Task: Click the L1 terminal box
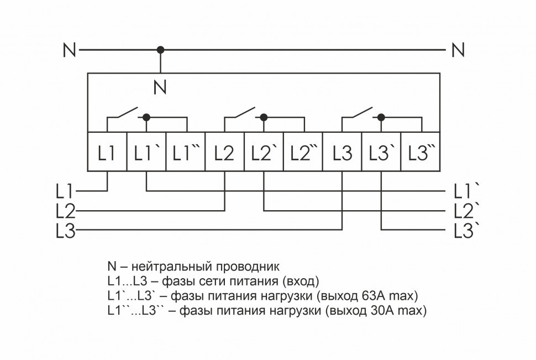[x=108, y=151]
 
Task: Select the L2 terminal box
[x=225, y=151]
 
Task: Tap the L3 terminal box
[x=342, y=151]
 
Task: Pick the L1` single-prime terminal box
[x=146, y=151]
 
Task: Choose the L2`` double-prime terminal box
[x=303, y=151]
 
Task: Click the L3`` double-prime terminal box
[x=420, y=151]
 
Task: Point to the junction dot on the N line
[x=161, y=50]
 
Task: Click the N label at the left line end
[x=69, y=50]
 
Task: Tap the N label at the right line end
[x=458, y=50]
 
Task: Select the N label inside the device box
[x=160, y=87]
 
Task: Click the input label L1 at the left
[x=64, y=191]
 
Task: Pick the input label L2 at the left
[x=65, y=210]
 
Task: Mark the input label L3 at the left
[x=65, y=229]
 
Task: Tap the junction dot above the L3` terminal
[x=381, y=117]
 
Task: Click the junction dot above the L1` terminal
[x=146, y=117]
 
